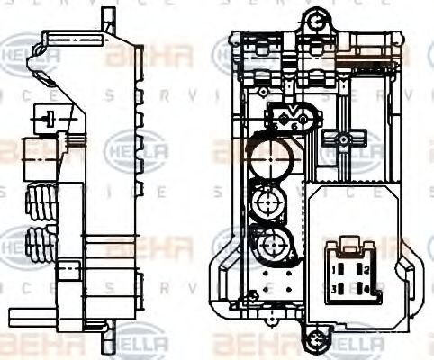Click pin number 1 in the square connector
[x=336, y=269]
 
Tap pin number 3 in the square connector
[x=336, y=288]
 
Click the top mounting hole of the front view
[x=315, y=19]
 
